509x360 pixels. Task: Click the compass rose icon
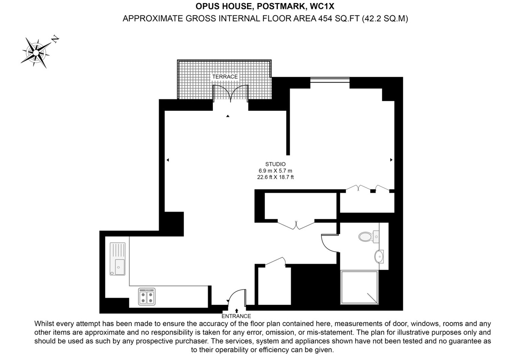tap(36, 52)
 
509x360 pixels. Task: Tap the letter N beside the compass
tap(55, 39)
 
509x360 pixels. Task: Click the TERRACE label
tap(225, 77)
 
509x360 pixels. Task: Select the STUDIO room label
tap(275, 164)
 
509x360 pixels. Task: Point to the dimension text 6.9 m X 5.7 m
tap(275, 171)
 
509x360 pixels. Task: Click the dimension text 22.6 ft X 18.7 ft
tap(275, 177)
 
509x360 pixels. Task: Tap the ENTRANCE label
tap(236, 316)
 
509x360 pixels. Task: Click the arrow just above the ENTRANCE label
tap(237, 310)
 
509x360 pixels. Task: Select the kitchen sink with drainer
tap(118, 259)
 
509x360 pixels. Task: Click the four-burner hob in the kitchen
tap(147, 297)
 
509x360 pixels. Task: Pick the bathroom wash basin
tap(379, 257)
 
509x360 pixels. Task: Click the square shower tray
tap(359, 287)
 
